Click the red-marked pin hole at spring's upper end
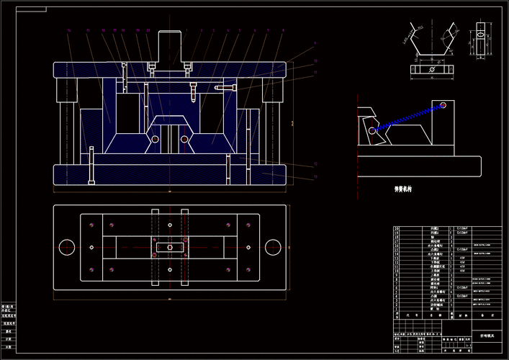pyautogui.click(x=444, y=105)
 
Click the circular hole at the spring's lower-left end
pyautogui.click(x=371, y=131)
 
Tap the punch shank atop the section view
pyautogui.click(x=170, y=46)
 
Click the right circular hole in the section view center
pyautogui.click(x=185, y=139)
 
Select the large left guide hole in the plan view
pyautogui.click(x=67, y=247)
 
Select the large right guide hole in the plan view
pyautogui.click(x=272, y=247)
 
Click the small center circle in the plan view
pyautogui.click(x=170, y=247)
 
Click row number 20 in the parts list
pyautogui.click(x=396, y=229)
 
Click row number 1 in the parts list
pyautogui.click(x=396, y=307)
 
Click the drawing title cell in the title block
pyautogui.click(x=487, y=336)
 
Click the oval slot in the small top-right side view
pyautogui.click(x=480, y=34)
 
